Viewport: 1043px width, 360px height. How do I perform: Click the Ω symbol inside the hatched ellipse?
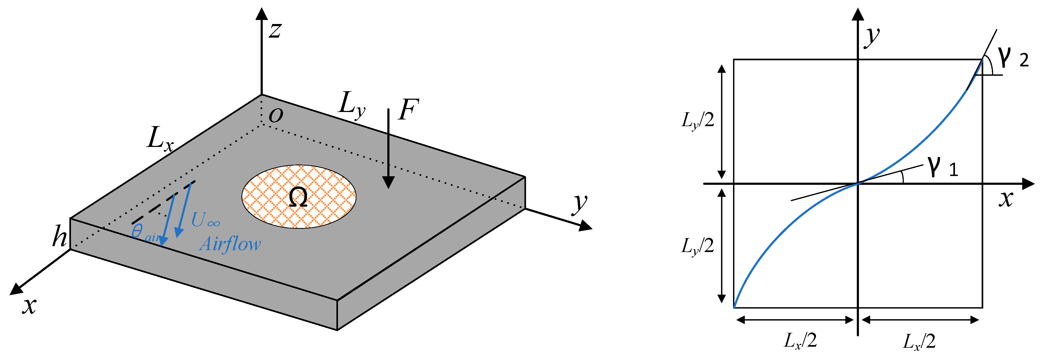pos(298,198)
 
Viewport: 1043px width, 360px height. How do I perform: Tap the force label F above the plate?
pos(408,110)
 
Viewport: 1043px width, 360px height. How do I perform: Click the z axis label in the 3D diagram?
pos(275,30)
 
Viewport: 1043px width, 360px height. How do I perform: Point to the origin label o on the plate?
pos(276,115)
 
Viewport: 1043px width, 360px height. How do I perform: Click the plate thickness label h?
pos(59,237)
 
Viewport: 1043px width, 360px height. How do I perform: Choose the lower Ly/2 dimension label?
pos(698,246)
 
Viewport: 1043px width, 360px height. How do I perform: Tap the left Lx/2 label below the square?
pos(801,341)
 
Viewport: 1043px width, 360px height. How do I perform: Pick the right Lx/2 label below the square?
pos(919,342)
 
